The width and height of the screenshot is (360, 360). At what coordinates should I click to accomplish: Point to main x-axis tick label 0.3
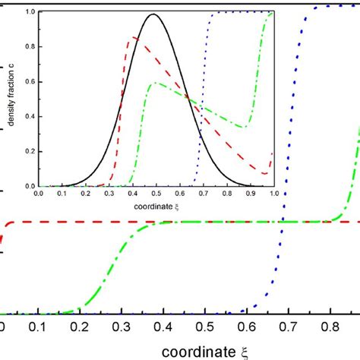[121, 327]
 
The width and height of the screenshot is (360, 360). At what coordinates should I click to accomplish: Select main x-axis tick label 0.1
[39, 327]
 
